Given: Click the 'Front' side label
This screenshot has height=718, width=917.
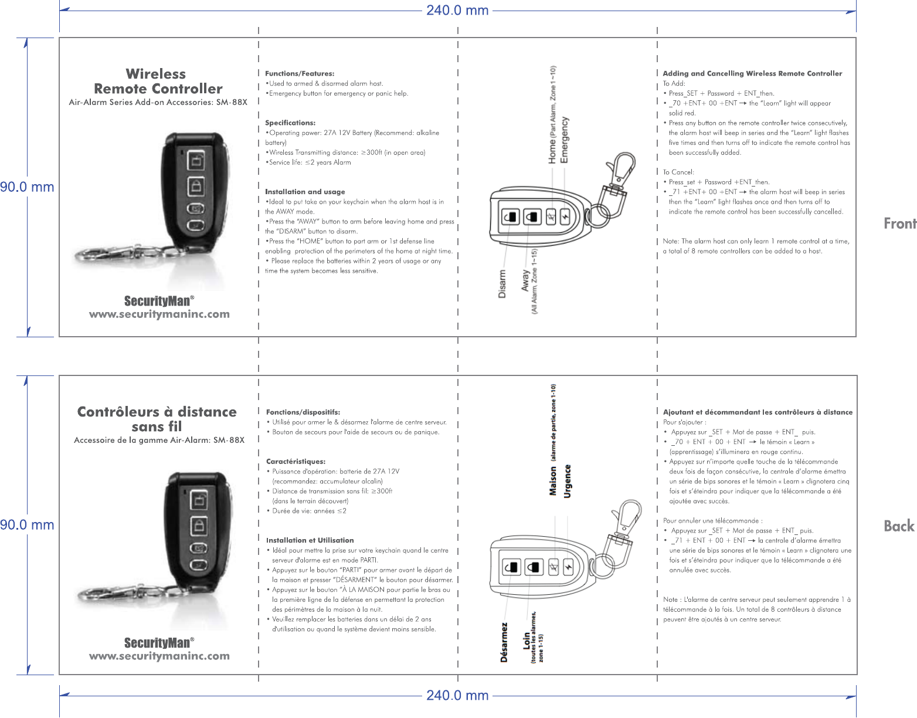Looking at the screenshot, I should click(x=899, y=223).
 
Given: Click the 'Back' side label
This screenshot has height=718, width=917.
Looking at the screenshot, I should click(x=899, y=526).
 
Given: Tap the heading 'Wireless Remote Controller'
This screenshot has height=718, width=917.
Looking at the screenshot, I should click(x=157, y=82).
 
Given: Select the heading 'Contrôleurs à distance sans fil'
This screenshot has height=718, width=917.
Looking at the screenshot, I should click(x=157, y=419).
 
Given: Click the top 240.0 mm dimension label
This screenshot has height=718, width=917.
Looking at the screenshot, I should click(x=457, y=11).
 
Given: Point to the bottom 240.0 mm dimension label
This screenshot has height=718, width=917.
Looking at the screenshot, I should click(x=457, y=696).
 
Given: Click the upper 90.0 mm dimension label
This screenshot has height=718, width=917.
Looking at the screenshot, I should click(x=27, y=187).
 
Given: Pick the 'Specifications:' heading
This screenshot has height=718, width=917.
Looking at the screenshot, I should click(x=290, y=123).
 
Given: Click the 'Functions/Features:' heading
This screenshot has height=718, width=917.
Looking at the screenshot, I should click(x=300, y=74).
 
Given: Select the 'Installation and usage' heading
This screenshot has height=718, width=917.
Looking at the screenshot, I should click(x=305, y=192).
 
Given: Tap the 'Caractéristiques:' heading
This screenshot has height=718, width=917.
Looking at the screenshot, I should click(x=296, y=462).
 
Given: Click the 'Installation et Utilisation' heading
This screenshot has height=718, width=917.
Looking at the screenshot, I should click(x=310, y=540).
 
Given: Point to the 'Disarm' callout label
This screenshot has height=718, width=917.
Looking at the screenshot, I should click(x=502, y=284).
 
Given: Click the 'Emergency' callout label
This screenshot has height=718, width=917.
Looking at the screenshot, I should click(x=565, y=140).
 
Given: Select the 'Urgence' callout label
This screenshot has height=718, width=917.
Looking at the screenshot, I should click(x=567, y=481).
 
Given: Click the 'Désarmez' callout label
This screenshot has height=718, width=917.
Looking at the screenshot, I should click(x=504, y=642).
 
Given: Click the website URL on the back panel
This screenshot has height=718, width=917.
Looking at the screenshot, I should click(x=159, y=656).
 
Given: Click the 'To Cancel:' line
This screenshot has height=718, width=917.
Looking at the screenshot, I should click(x=678, y=172).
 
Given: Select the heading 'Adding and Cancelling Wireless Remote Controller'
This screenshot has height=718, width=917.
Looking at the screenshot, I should click(x=752, y=74).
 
